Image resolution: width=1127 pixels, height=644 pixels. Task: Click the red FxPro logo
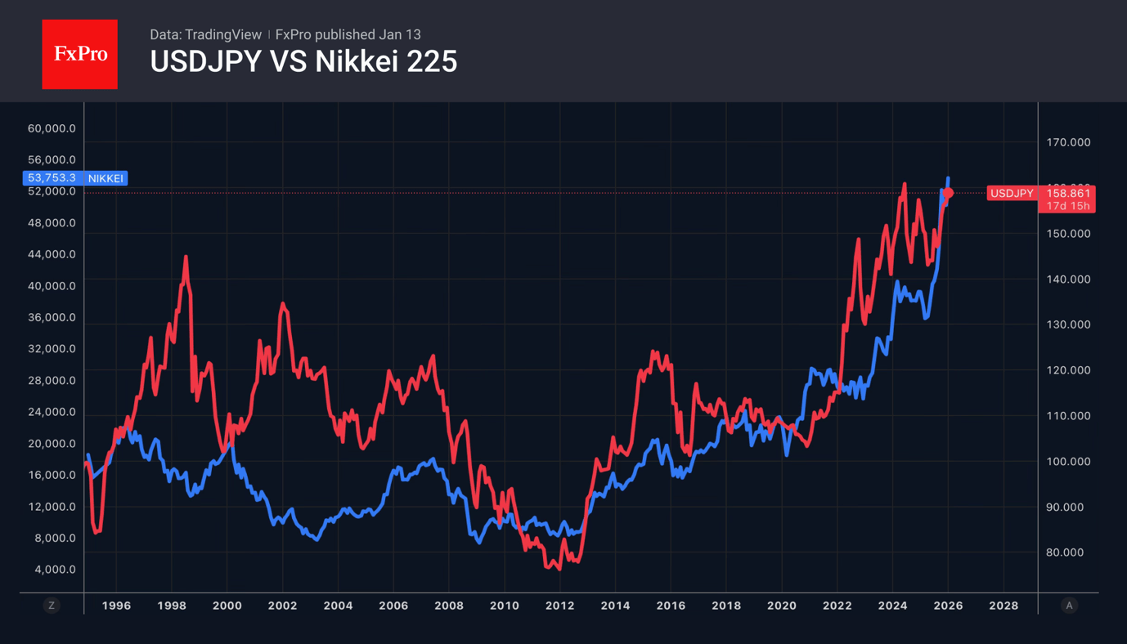[79, 54]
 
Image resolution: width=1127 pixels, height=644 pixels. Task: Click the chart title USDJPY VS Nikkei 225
[303, 62]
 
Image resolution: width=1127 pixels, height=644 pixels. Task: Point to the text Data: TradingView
[205, 34]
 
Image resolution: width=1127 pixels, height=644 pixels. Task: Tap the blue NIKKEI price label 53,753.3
[52, 178]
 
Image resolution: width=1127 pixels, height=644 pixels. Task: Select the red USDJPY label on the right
[1012, 194]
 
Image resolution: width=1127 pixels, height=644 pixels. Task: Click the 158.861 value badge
[1068, 194]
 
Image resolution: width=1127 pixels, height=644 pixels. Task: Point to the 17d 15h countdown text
[1068, 206]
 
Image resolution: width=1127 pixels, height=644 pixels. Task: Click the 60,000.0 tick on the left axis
[52, 128]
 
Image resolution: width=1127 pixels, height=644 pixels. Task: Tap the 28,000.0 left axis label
[52, 381]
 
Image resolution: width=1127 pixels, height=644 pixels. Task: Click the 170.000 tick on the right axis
[1068, 142]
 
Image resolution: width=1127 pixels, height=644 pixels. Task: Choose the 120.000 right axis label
[1068, 370]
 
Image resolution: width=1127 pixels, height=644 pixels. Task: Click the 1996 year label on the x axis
[116, 606]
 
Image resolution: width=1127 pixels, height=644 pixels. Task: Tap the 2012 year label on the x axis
[559, 606]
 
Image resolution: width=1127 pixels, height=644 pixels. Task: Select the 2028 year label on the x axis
[1004, 606]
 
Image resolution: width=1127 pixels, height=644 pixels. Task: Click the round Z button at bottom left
[52, 606]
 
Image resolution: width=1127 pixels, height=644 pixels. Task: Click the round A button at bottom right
[1069, 606]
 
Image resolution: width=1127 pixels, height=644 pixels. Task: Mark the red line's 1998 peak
[186, 257]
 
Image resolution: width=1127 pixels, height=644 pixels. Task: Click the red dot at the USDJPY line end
[949, 194]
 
